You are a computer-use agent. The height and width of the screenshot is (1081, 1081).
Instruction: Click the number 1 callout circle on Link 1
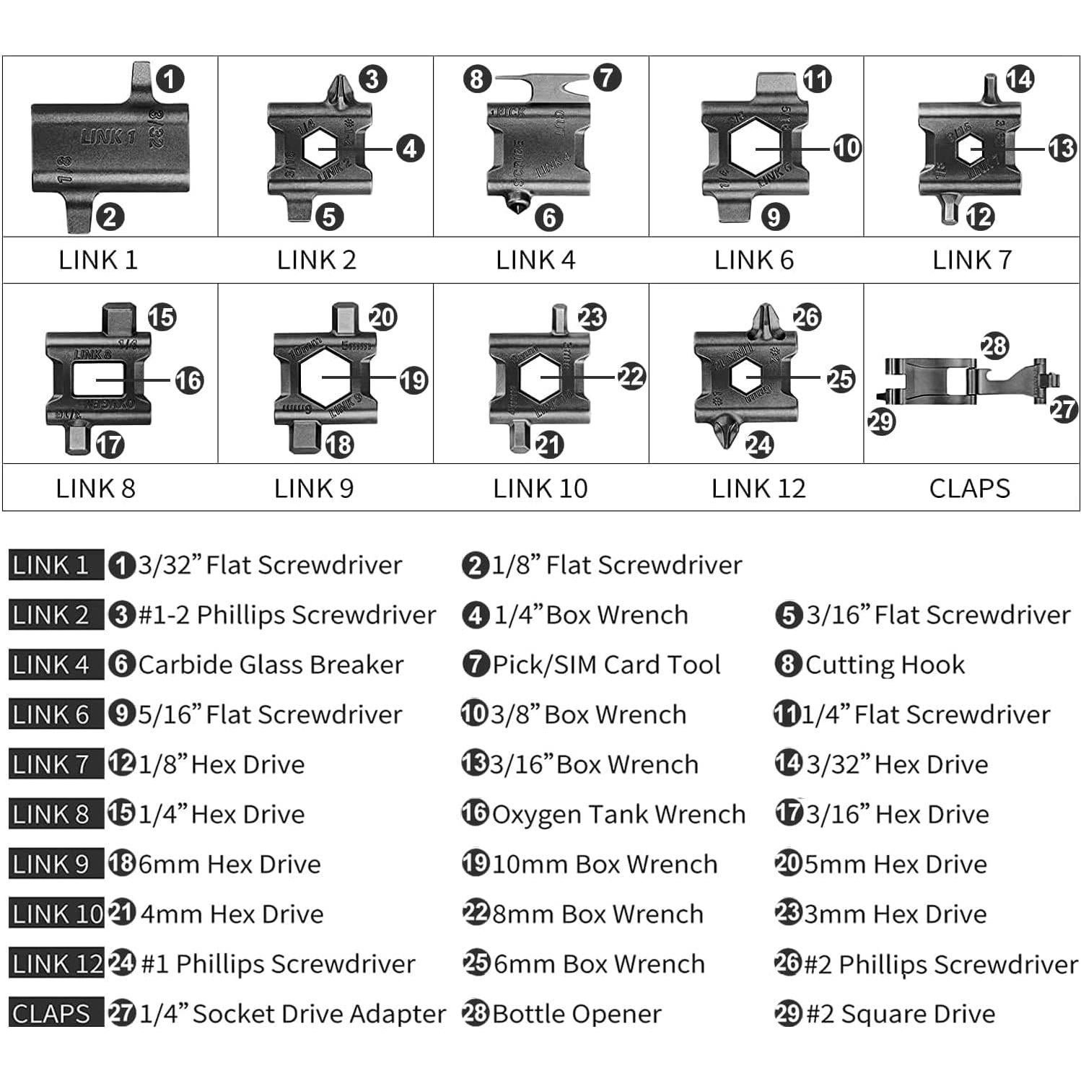pos(170,79)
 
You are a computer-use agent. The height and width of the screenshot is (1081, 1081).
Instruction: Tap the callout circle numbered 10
pos(846,148)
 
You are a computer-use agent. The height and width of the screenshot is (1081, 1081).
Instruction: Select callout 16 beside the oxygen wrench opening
pos(189,380)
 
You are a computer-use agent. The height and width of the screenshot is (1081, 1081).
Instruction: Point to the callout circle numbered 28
pos(994,346)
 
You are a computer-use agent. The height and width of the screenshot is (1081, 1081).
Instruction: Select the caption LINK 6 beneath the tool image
pos(754,260)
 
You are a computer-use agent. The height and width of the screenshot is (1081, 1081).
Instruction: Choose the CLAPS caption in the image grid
pos(969,489)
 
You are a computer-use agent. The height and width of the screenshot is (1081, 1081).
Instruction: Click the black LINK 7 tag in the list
pos(51,764)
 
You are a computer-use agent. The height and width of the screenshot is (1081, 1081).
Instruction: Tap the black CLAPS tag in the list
pos(51,1014)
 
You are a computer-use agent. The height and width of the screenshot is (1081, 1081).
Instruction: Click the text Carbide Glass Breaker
pos(271,665)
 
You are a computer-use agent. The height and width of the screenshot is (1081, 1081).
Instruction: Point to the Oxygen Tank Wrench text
pos(618,814)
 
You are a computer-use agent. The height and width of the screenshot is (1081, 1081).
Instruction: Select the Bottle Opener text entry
pos(577,1014)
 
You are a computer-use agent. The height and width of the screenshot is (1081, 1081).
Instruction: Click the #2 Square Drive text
pos(900,1014)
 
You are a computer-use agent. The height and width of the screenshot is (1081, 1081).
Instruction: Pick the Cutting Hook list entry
pos(885,665)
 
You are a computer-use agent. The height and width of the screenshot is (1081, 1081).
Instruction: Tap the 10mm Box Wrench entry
pos(605,864)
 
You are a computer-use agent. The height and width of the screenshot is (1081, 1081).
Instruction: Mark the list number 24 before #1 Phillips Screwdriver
pos(121,963)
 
